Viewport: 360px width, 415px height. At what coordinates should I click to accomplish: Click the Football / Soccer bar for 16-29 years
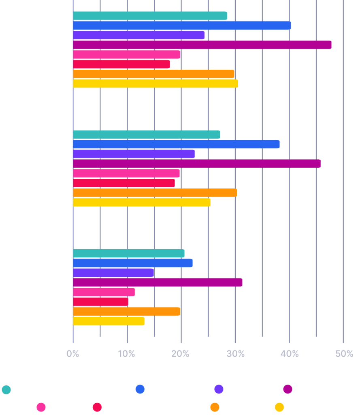202,45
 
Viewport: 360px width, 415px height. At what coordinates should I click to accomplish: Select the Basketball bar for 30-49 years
176,144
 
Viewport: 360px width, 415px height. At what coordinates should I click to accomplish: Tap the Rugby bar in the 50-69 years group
100,302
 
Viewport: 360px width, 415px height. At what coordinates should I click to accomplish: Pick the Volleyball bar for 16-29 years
156,83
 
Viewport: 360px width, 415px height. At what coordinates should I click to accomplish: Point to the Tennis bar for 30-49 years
155,193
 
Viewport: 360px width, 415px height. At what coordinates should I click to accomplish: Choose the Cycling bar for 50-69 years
113,273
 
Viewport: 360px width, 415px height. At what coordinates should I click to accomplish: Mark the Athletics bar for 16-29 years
150,16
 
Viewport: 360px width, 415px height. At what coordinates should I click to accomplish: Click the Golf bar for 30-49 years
126,173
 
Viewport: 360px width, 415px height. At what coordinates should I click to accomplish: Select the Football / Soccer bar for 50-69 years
158,282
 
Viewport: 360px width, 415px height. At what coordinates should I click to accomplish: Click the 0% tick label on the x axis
72,354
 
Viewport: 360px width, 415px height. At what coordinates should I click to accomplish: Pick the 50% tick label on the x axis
344,354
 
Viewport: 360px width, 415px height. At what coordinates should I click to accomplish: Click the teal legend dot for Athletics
6,390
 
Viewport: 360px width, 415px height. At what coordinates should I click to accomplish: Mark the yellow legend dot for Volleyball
279,407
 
